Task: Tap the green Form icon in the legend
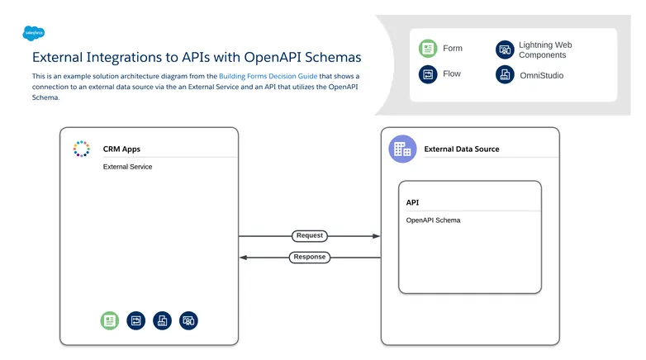[x=428, y=49]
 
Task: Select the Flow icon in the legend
[x=428, y=74]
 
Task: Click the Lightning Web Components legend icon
[x=505, y=50]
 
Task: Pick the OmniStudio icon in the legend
[x=505, y=74]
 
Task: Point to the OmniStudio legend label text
[x=542, y=74]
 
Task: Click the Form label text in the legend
[x=453, y=49]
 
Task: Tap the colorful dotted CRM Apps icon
[x=81, y=149]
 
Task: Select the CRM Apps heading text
[x=121, y=149]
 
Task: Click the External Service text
[x=127, y=167]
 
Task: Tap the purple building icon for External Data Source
[x=402, y=149]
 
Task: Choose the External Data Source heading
[x=461, y=149]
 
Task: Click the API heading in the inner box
[x=413, y=202]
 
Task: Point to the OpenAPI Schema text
[x=433, y=220]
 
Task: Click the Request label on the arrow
[x=310, y=236]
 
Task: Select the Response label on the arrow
[x=310, y=257]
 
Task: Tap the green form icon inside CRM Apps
[x=110, y=320]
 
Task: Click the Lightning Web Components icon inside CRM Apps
[x=189, y=320]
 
